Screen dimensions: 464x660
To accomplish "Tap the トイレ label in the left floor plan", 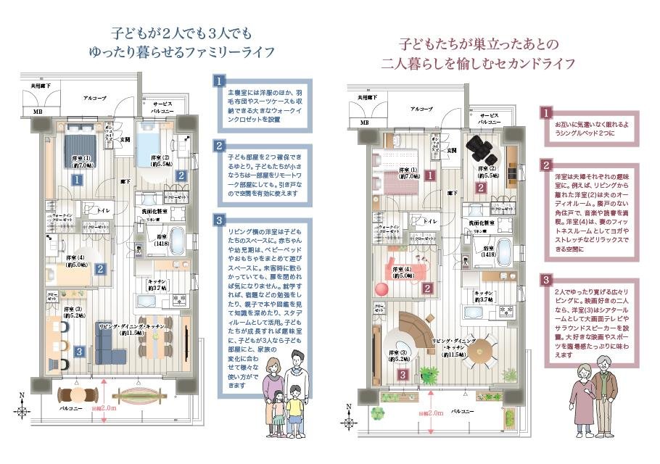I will pos(102,211).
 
